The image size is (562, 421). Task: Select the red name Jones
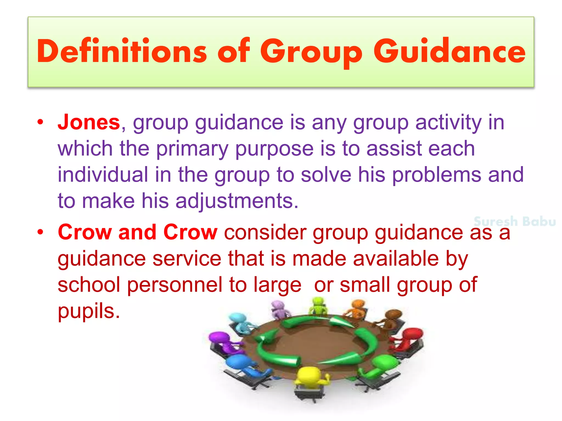click(x=89, y=122)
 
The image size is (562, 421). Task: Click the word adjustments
click(x=237, y=201)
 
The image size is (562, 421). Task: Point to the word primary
click(x=192, y=149)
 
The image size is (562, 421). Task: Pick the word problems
click(x=436, y=175)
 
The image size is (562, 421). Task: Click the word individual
click(x=103, y=175)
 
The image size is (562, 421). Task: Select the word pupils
click(x=89, y=311)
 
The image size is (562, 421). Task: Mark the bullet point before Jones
click(x=41, y=122)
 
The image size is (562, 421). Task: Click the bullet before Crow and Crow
click(x=41, y=232)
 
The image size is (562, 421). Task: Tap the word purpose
click(x=274, y=149)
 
